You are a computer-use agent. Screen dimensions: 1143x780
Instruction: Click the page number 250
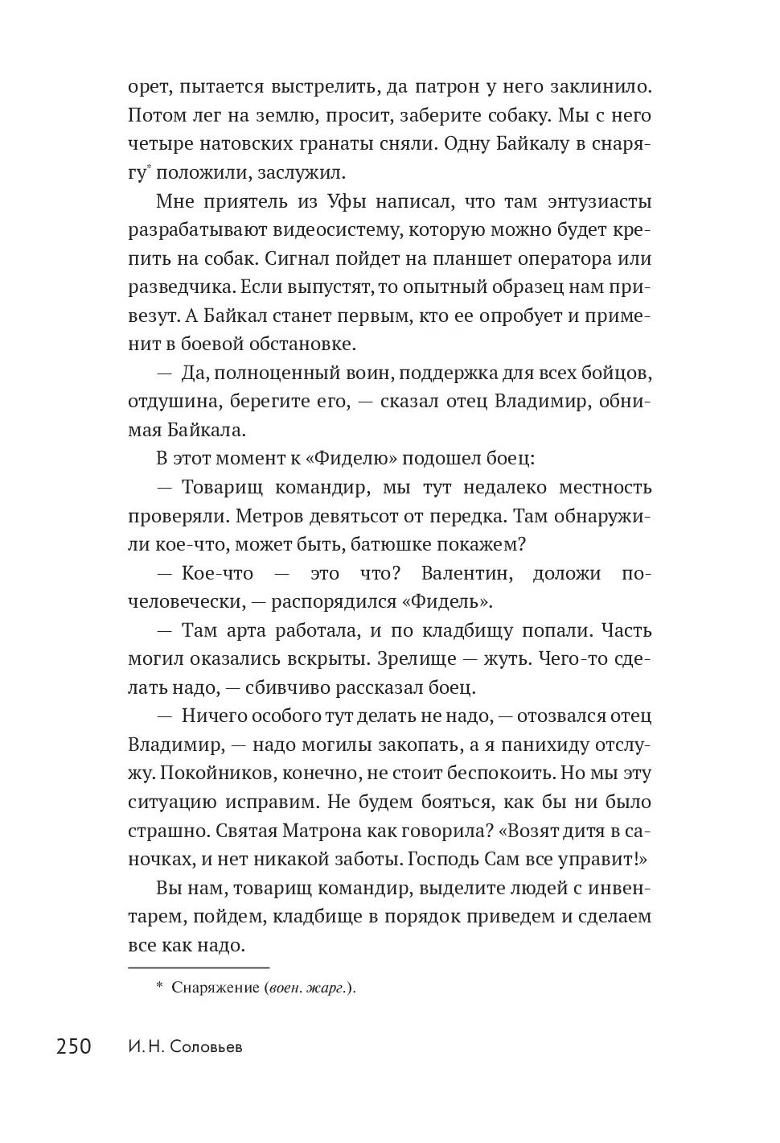[x=74, y=1046]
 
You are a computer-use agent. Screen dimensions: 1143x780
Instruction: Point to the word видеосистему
[x=330, y=229]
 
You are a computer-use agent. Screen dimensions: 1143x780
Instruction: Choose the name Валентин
[x=466, y=573]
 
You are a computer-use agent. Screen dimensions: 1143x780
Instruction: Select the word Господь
[x=443, y=859]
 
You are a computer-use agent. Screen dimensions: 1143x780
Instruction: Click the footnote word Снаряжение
[x=215, y=988]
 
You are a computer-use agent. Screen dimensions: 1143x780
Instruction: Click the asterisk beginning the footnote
[x=159, y=987]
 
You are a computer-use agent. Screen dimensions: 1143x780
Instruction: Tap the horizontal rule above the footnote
[x=199, y=967]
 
